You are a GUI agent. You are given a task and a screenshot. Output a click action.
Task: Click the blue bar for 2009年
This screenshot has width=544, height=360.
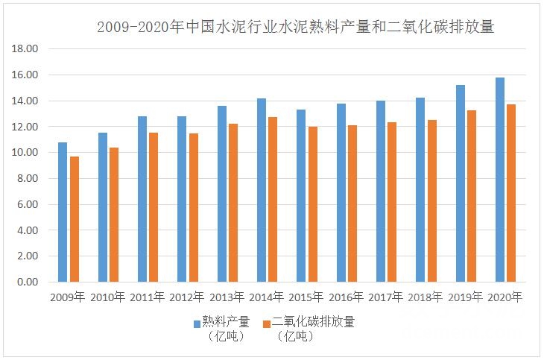(x=63, y=212)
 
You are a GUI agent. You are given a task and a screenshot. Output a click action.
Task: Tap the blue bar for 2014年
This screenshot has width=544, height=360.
(x=261, y=190)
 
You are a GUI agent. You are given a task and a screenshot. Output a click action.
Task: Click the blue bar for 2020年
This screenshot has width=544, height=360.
(x=500, y=180)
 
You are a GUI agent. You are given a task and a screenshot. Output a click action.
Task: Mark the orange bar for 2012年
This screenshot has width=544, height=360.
(x=194, y=208)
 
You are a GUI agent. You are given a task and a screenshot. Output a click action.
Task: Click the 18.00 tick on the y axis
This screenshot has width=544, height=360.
(x=26, y=49)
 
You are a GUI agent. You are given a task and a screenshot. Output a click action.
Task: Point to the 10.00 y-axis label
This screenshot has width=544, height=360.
(x=26, y=153)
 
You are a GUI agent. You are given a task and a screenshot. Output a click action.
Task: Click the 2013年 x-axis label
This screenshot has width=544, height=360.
(x=227, y=297)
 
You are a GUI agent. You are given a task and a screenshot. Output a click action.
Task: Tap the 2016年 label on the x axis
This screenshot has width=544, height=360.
(x=347, y=297)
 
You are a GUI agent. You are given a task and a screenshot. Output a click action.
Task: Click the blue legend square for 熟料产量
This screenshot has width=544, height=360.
(x=197, y=323)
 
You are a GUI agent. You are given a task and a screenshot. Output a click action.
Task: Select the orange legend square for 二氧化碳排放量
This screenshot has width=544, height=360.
(x=266, y=323)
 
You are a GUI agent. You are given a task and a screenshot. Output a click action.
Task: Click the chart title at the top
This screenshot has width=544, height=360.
(x=296, y=28)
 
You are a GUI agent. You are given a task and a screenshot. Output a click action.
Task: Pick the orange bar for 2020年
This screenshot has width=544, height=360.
(x=511, y=193)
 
